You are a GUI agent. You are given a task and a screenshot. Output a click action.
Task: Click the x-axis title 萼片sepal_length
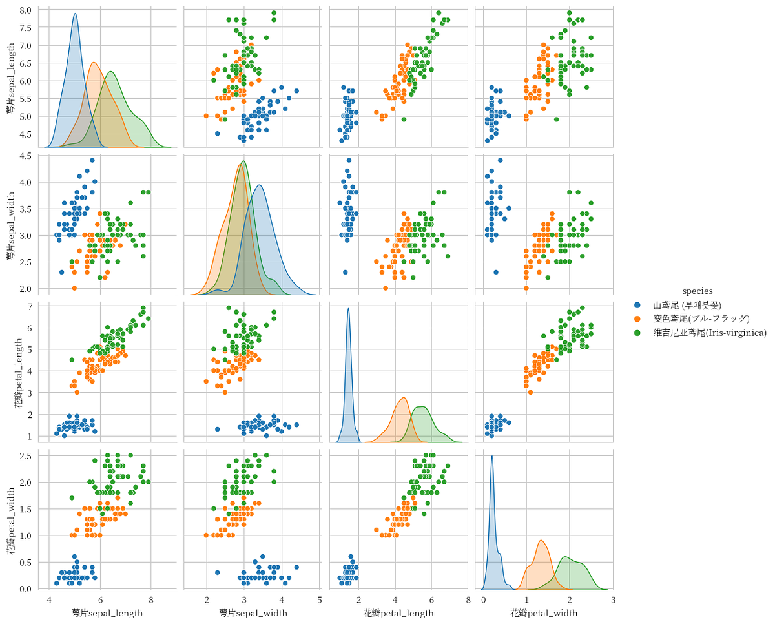point(107,612)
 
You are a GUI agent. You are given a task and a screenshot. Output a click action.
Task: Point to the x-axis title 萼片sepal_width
point(253,612)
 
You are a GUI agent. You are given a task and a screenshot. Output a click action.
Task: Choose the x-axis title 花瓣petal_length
point(398,612)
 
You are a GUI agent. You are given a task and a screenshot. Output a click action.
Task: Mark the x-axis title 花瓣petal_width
point(544,612)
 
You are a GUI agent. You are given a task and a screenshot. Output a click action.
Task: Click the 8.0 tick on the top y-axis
point(25,10)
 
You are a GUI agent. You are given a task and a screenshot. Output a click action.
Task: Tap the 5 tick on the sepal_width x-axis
point(320,600)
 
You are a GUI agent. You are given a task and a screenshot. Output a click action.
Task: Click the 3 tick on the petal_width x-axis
point(612,600)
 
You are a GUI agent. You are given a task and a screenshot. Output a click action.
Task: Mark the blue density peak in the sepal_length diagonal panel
point(75,14)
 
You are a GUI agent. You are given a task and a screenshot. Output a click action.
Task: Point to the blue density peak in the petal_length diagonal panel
point(349,309)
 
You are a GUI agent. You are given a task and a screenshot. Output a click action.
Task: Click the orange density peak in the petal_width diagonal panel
point(541,541)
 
